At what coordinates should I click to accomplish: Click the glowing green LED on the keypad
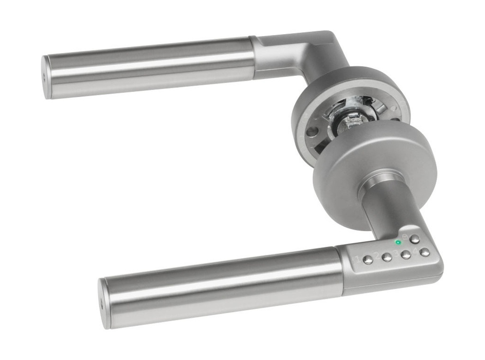398,243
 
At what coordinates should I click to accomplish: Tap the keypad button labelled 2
387,257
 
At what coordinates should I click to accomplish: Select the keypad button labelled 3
406,254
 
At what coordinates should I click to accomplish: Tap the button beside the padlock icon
415,239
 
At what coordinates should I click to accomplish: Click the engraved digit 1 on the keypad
357,259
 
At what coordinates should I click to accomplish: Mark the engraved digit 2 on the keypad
377,256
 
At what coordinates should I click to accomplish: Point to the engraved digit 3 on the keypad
396,253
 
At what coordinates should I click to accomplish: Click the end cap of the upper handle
46,77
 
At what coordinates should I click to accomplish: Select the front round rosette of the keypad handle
374,161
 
